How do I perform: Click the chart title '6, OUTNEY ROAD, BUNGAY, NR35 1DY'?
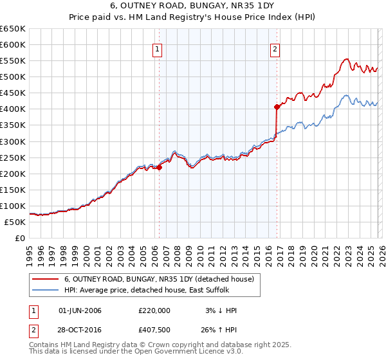coord(193,6)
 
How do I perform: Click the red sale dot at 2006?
coord(159,167)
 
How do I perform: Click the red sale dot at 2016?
coord(277,107)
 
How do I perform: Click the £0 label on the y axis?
coord(21,239)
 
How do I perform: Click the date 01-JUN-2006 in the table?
coord(80,310)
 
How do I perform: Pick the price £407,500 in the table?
coord(154,331)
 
